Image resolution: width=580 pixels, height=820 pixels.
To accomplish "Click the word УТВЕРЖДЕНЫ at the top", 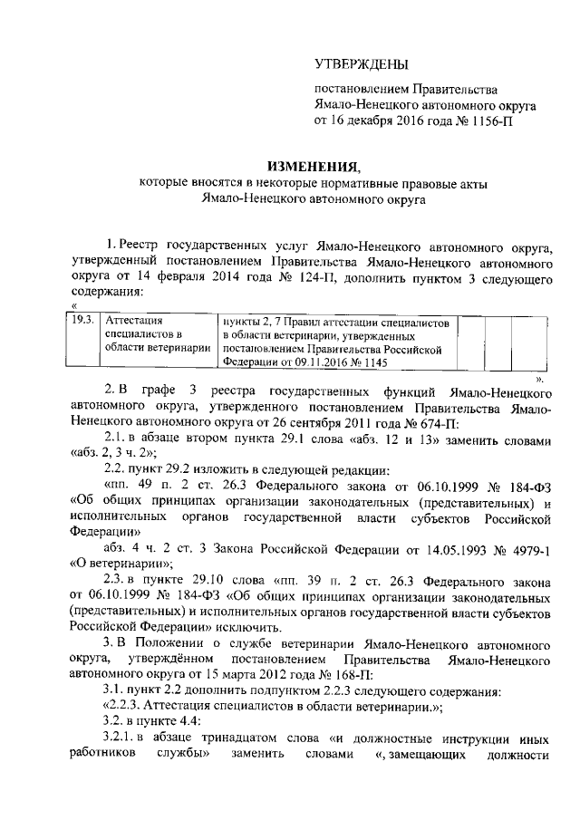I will [x=361, y=63].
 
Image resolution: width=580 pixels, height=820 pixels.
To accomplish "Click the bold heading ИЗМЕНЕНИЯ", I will [x=303, y=165].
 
